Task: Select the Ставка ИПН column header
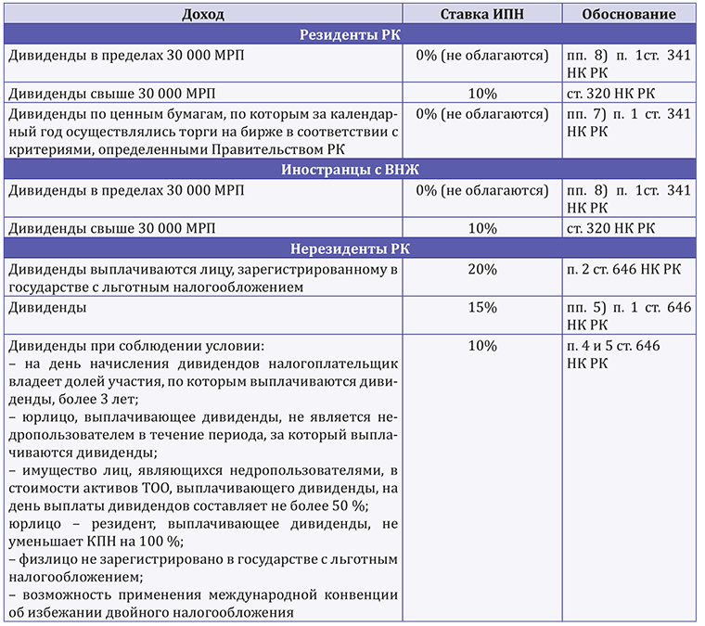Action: [482, 15]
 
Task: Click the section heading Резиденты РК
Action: [351, 35]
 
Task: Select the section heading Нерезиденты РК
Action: [351, 249]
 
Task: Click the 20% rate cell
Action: [482, 269]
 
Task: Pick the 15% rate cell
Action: [482, 306]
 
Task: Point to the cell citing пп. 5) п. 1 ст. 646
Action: [628, 314]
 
